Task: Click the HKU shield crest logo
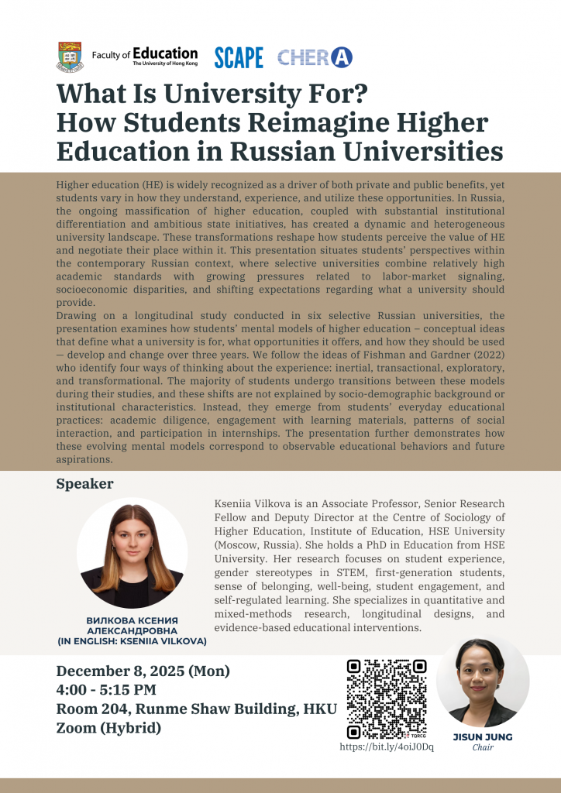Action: tap(70, 56)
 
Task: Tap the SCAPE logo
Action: tap(239, 57)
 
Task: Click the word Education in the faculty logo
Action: tap(165, 53)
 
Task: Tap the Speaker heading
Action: tap(84, 484)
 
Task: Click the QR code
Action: tap(387, 699)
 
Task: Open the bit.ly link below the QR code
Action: tap(387, 747)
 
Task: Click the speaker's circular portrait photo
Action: tap(132, 553)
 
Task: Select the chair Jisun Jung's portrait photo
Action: tap(482, 682)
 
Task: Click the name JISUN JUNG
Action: tap(482, 736)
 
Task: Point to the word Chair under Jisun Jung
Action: tap(483, 748)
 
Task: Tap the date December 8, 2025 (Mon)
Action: tap(143, 671)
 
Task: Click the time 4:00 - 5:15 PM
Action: tap(106, 689)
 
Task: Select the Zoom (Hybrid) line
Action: tap(108, 727)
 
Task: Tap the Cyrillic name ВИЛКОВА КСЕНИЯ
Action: tap(132, 621)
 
